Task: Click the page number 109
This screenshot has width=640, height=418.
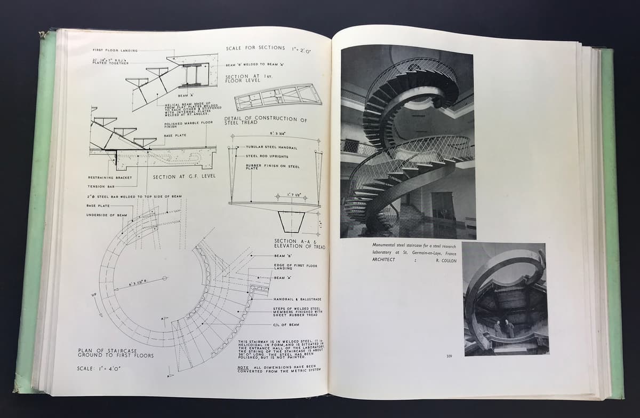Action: (450, 357)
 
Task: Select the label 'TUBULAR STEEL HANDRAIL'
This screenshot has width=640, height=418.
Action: (271, 147)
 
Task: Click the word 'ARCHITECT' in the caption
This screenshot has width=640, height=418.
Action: (383, 259)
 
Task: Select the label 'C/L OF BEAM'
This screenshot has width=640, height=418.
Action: (286, 325)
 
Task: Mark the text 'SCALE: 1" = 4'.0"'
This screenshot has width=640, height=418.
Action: (99, 368)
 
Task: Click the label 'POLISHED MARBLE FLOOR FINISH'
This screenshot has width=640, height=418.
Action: (188, 124)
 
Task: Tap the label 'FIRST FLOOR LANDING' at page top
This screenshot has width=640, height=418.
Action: (115, 51)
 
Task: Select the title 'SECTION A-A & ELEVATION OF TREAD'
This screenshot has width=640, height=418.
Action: (299, 244)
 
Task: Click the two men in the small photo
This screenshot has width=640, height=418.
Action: (502, 329)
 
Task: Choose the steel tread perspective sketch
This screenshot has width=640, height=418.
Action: (278, 97)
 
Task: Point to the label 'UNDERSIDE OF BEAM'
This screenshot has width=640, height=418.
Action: (107, 215)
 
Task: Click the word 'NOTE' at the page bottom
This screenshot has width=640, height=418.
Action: (244, 367)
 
